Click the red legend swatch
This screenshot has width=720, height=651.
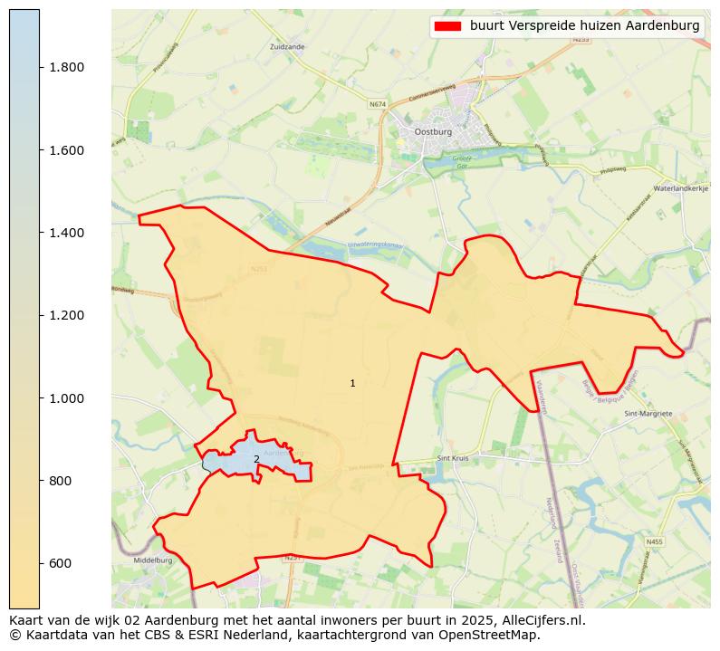coord(447,26)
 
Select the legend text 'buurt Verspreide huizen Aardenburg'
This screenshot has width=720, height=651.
coord(585,26)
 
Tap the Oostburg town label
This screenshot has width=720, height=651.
coord(432,131)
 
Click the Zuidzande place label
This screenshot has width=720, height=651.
coord(287,45)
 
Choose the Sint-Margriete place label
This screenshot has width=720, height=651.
coord(648,413)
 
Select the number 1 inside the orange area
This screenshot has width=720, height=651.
coord(352,384)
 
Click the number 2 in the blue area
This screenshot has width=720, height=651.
coord(256,459)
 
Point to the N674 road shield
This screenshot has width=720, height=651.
coord(378,105)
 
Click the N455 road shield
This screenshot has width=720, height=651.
coord(654,541)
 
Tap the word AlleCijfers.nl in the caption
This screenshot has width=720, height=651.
coord(540,621)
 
